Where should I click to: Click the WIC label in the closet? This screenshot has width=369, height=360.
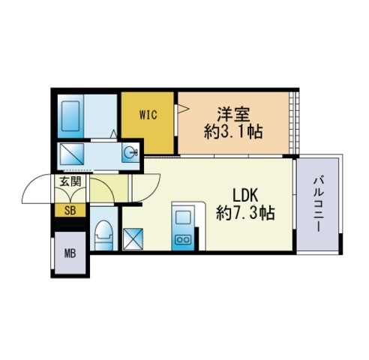pos(148,115)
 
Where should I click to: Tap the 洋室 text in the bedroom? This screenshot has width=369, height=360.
pos(233,115)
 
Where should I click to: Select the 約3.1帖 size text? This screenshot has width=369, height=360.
pos(233,132)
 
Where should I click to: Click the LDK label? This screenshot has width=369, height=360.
pos(245,195)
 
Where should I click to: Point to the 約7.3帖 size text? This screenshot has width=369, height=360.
pos(245,213)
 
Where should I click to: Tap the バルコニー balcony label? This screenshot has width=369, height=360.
pos(319,204)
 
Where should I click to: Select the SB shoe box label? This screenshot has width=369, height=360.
pos(70,211)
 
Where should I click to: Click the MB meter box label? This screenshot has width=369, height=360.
pos(70,253)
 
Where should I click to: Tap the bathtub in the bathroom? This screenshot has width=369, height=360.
pos(70,116)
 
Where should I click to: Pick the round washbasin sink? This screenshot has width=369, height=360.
pos(130,152)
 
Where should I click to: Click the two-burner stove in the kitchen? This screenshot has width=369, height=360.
pos(183,240)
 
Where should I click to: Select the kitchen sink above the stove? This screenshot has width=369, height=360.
pos(183,217)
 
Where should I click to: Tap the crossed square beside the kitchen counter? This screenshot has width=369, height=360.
pos(133,239)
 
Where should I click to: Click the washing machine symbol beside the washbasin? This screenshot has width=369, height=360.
pos(72,154)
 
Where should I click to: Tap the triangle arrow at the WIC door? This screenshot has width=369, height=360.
pos(183,109)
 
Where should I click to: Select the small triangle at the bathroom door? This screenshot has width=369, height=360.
pos(114,134)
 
